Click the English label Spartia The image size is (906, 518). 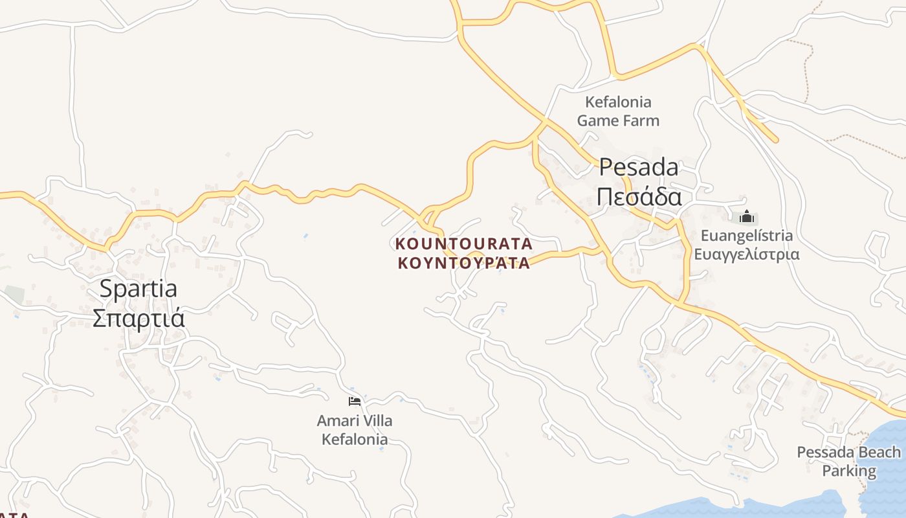(138, 289)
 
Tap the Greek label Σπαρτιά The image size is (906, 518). (138, 318)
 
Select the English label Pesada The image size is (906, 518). (638, 167)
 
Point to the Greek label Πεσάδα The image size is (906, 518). (639, 196)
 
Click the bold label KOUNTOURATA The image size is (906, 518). (463, 244)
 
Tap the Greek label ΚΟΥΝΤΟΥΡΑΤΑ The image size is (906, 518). (463, 263)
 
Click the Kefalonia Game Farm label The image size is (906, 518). (618, 111)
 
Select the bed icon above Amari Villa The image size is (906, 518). (354, 401)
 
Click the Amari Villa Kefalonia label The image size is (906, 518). (355, 430)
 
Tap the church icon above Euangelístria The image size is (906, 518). (747, 217)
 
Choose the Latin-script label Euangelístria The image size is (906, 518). (747, 235)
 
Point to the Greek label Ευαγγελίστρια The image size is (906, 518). (747, 254)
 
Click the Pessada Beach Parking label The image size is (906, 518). (848, 461)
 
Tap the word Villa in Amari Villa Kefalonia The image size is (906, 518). (377, 421)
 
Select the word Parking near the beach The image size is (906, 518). (849, 471)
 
